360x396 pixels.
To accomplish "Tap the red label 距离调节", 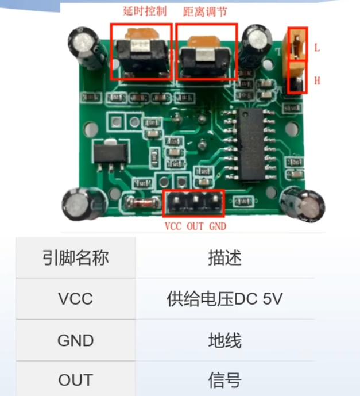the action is [205, 11].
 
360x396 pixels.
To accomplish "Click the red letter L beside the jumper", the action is [317, 48].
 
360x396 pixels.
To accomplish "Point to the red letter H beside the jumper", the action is [317, 81].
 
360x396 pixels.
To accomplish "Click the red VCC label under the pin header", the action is [173, 226].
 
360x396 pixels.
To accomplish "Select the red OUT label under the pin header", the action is [195, 226].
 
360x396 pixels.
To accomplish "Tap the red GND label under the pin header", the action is [217, 226].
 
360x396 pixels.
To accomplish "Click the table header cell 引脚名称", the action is [75, 257].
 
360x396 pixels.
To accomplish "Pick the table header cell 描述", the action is [224, 257].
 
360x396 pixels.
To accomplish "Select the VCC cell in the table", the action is [75, 299].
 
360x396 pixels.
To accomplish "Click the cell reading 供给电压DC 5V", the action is [224, 299].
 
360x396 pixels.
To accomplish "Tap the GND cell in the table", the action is [75, 340].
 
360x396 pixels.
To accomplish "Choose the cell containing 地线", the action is [224, 340].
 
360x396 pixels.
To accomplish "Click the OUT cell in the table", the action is [75, 380].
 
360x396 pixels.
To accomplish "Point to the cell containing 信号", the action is [224, 380].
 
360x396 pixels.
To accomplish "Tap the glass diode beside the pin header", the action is [138, 202].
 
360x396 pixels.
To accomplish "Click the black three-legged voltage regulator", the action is [106, 153].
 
